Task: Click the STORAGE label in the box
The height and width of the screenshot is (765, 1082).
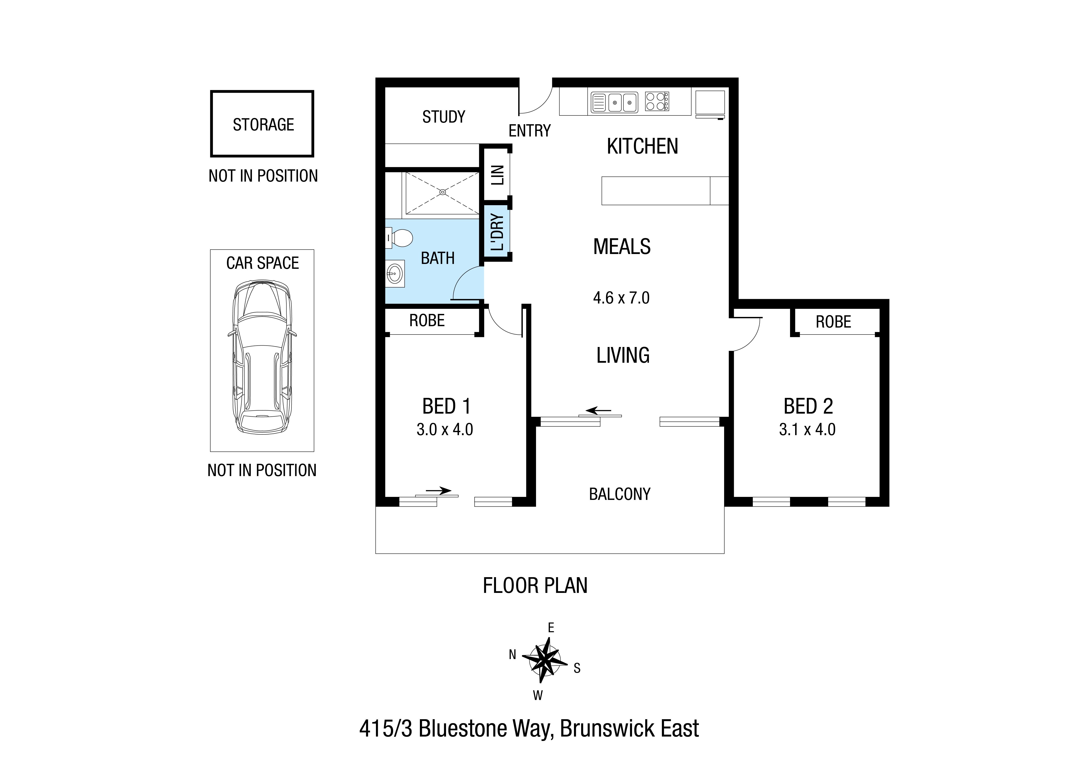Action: click(x=264, y=124)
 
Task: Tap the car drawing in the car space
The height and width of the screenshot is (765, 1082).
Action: click(x=262, y=357)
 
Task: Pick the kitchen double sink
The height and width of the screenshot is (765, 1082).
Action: click(x=614, y=102)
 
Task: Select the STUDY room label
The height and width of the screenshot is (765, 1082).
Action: click(x=443, y=117)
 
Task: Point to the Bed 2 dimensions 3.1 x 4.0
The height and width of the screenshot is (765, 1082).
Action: click(x=807, y=429)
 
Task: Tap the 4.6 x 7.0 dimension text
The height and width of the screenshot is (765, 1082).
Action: click(x=621, y=298)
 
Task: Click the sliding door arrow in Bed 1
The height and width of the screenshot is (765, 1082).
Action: click(x=438, y=491)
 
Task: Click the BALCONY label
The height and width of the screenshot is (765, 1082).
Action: click(x=620, y=494)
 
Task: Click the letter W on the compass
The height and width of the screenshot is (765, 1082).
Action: click(x=538, y=695)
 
